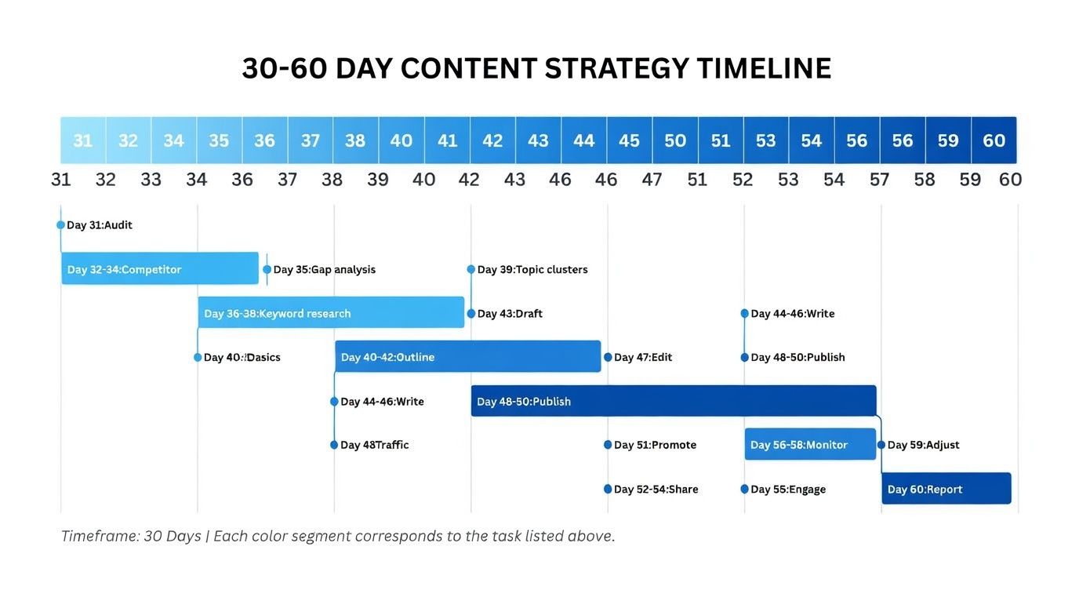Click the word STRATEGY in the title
tap(616, 68)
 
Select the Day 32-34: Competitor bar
tap(160, 268)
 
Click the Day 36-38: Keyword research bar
tap(332, 312)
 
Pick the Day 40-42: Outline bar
tap(467, 357)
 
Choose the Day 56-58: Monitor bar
tap(810, 444)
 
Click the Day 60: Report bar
tap(946, 488)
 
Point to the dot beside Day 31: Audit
tap(60, 225)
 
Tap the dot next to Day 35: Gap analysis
tap(267, 269)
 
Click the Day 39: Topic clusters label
tap(532, 269)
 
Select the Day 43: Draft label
tap(510, 314)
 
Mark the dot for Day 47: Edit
tap(608, 357)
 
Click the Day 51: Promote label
tap(655, 445)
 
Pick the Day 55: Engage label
tap(788, 490)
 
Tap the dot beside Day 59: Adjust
tap(881, 445)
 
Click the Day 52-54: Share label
tap(656, 490)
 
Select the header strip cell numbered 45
tap(630, 140)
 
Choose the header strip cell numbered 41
tap(448, 140)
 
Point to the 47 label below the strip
tap(652, 180)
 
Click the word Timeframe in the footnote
tap(100, 536)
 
